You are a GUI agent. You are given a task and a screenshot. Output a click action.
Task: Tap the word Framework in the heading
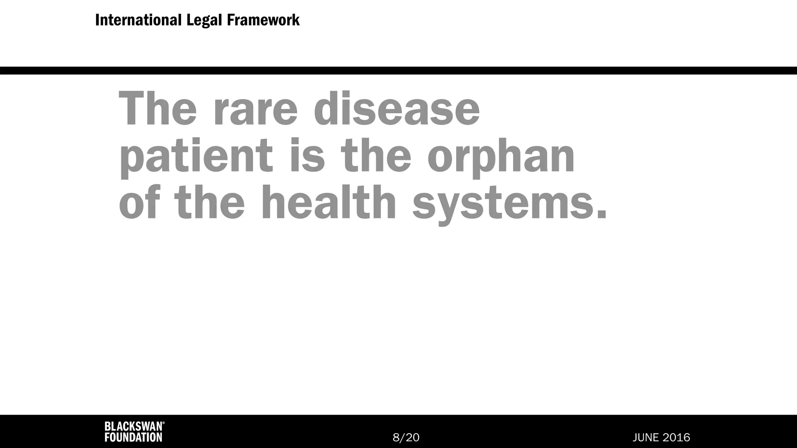263,20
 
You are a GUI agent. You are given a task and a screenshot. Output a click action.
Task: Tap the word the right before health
209,202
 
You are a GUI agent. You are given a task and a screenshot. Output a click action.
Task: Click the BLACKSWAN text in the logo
133,427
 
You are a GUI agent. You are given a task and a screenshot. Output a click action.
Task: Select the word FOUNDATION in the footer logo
133,437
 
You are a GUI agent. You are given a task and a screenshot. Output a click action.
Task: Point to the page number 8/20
406,437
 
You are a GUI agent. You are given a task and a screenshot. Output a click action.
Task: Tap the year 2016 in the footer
678,437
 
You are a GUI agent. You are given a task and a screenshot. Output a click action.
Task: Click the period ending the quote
602,215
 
